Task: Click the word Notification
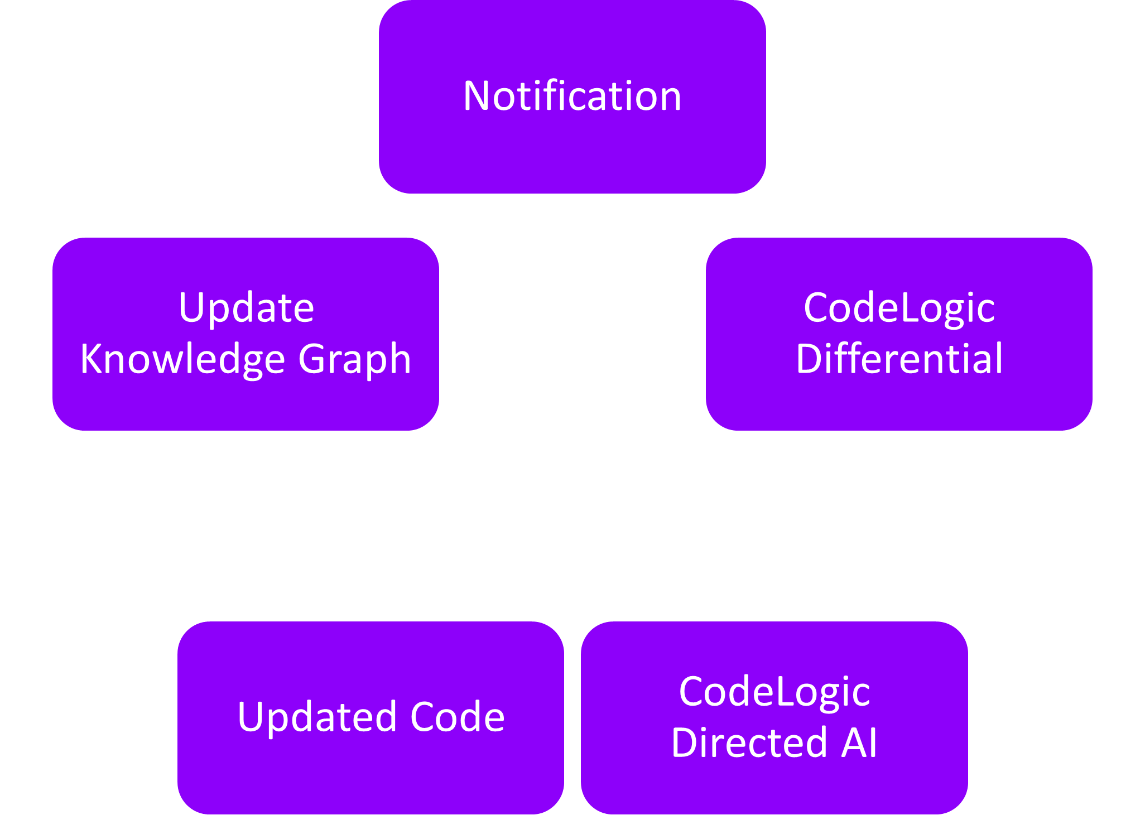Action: coord(572,96)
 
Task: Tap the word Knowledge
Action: coord(182,359)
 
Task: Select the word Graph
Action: coord(355,359)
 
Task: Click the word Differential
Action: coord(899,359)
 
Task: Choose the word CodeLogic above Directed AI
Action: coord(774,692)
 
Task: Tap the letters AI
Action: coord(859,742)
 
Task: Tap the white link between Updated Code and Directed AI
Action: coord(572,753)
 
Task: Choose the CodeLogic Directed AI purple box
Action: coord(774,787)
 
